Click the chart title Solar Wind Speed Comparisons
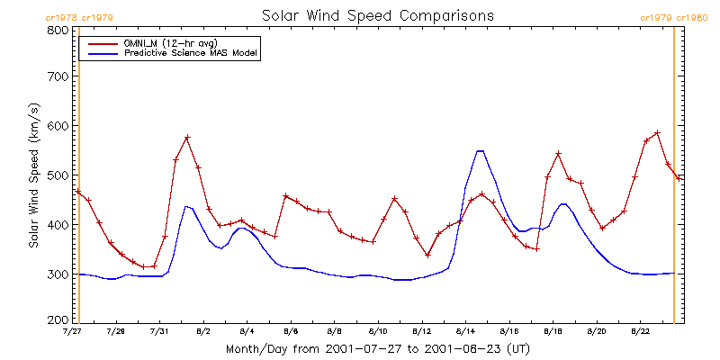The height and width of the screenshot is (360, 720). pos(377,15)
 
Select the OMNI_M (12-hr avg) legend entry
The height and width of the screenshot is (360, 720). pos(172,42)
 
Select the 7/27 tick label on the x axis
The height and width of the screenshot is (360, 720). pos(72,331)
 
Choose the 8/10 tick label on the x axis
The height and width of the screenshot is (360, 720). pos(379,331)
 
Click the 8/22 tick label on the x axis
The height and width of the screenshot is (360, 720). pos(641,331)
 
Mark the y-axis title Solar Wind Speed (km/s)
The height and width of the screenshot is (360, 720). pos(34,175)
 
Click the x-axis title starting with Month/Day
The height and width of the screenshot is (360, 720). pos(377,347)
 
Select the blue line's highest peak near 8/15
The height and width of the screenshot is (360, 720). pos(480,151)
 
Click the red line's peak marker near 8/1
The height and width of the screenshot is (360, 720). pos(187,138)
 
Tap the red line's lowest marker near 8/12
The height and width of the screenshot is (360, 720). pos(427,255)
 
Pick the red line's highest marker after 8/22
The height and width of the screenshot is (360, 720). pos(657,133)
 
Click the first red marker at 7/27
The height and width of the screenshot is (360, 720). pos(78,192)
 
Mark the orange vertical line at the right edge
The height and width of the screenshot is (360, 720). pos(674,180)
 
